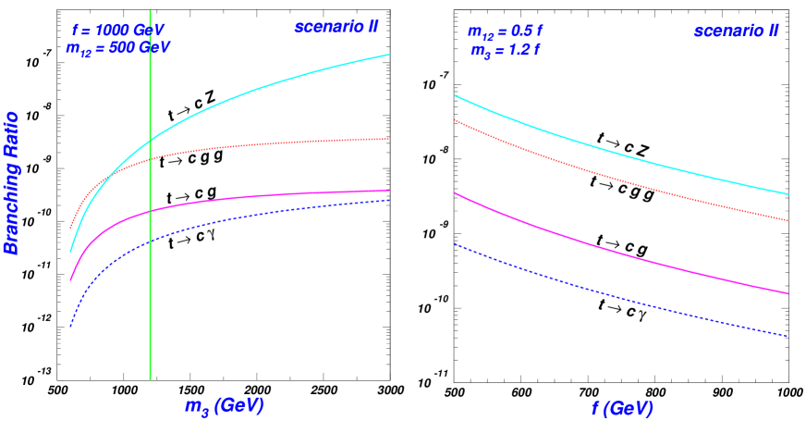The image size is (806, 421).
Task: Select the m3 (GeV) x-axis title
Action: [225, 406]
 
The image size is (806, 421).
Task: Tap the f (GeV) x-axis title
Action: [621, 408]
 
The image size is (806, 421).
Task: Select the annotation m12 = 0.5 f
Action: [505, 31]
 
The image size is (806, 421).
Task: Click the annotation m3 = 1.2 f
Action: [504, 50]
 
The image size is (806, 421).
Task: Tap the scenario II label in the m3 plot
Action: [336, 27]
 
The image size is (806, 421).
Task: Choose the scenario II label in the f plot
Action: [736, 31]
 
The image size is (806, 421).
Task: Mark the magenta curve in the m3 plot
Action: [277, 194]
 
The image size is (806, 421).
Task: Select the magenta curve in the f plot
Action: [619, 249]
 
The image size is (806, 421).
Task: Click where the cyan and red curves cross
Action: [113, 173]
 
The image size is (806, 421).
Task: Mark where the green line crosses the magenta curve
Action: [150, 212]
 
